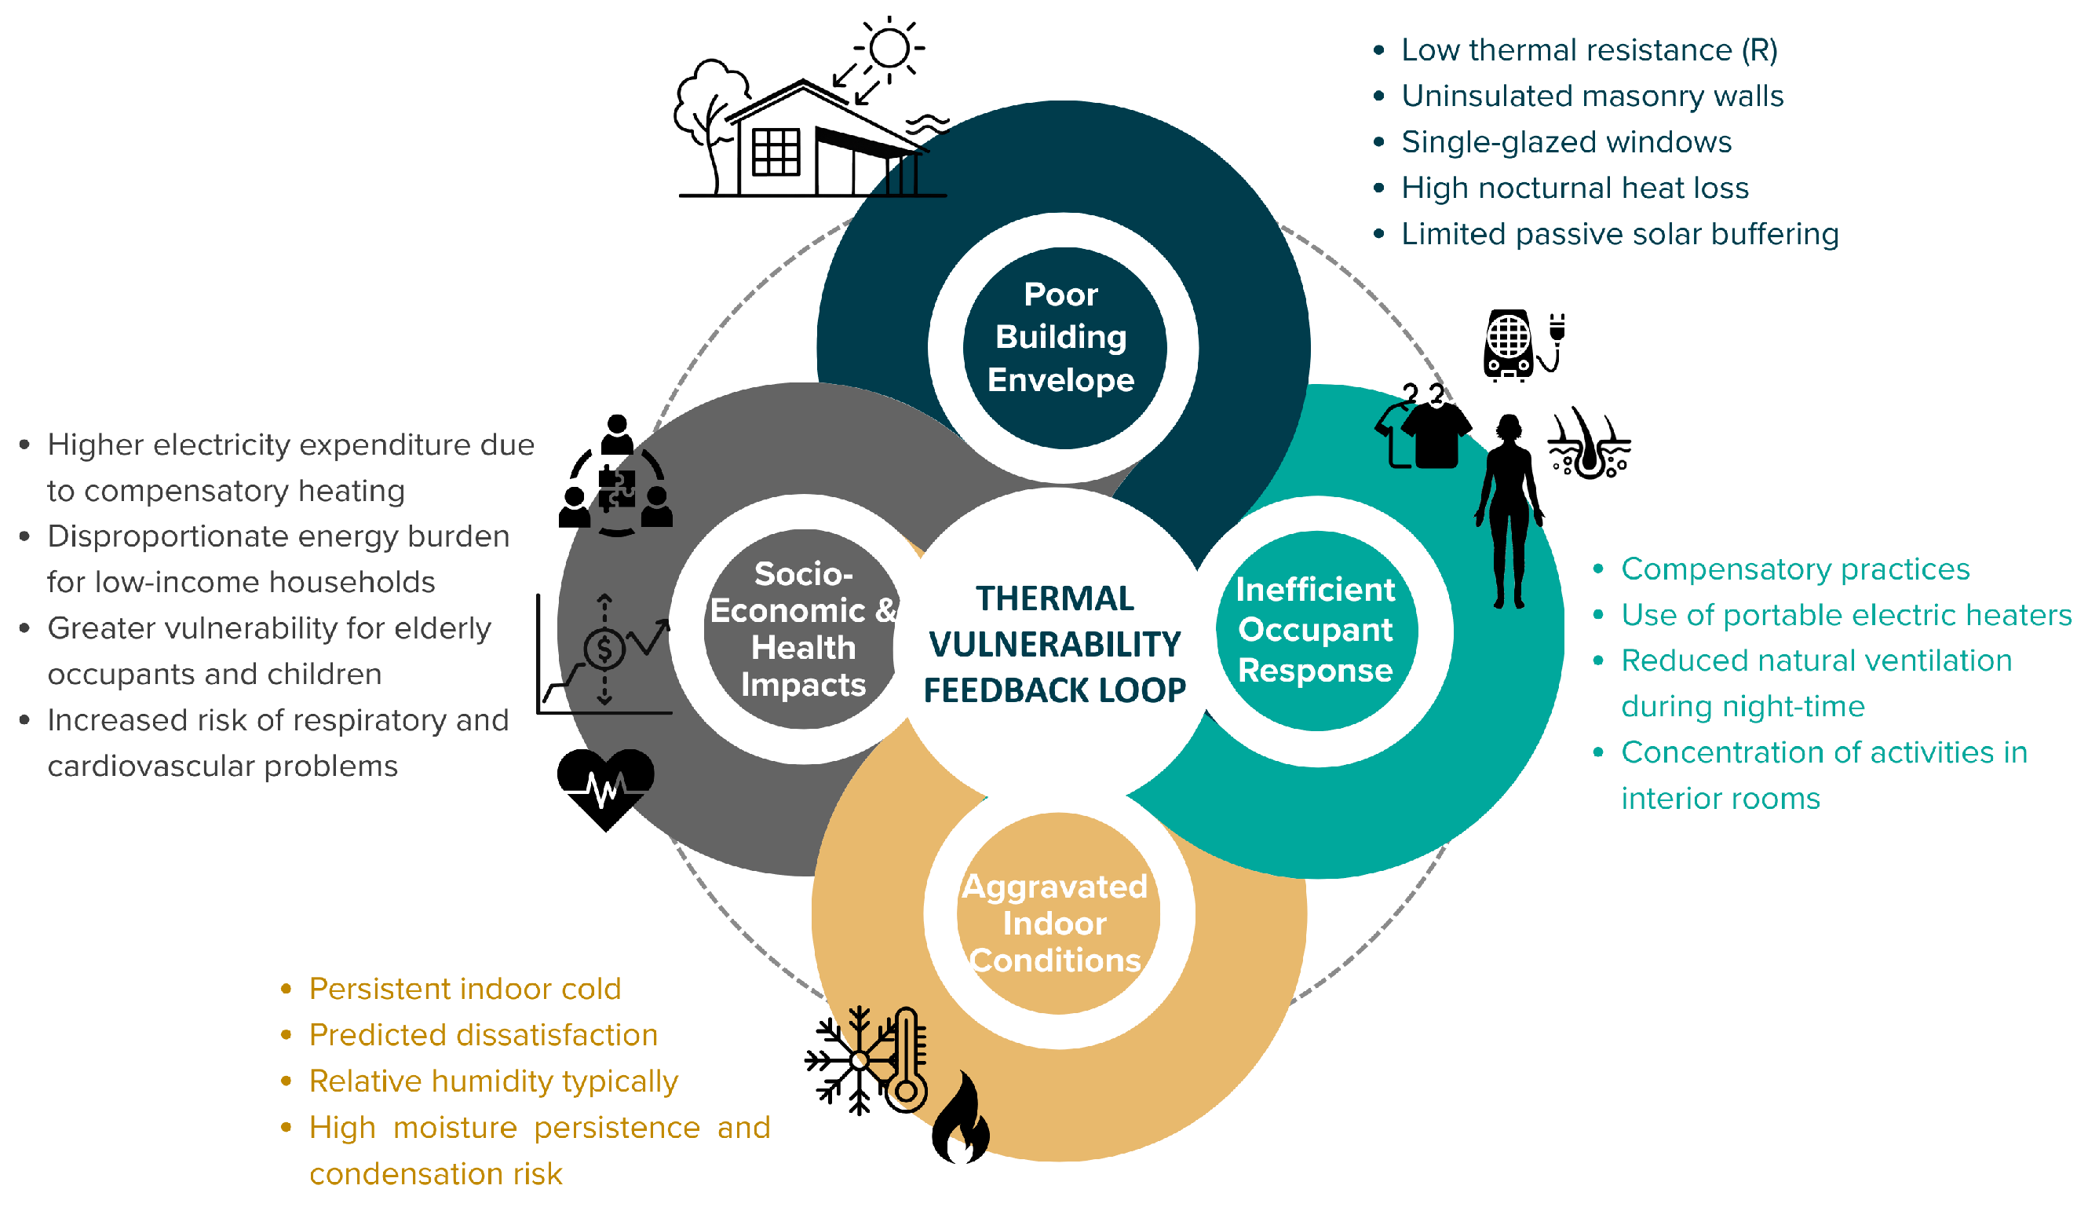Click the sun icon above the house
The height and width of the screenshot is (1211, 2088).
889,47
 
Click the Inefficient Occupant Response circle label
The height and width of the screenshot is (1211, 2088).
1316,630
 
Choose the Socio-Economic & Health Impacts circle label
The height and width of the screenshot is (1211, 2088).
803,629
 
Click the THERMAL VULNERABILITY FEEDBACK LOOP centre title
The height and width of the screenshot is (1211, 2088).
1055,644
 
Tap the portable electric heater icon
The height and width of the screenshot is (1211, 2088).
1508,345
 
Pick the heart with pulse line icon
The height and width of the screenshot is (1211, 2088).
606,786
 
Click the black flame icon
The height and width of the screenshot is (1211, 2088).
960,1119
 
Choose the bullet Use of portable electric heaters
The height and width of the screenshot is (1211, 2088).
1845,615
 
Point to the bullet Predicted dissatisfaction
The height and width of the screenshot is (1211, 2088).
483,1035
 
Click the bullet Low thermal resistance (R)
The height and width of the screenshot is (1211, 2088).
1590,50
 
